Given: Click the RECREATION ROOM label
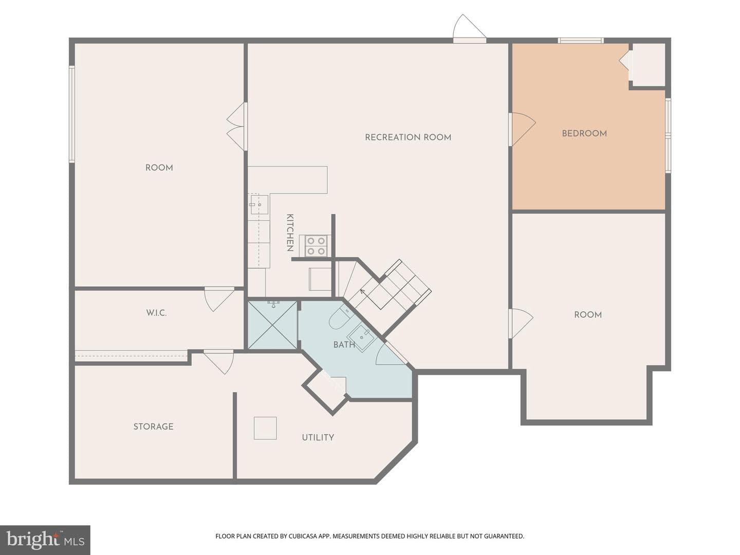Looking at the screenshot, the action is (408, 138).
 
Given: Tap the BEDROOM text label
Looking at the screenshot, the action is (584, 134).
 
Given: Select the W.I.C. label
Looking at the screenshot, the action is (156, 313).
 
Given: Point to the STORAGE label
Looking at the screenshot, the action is (153, 427).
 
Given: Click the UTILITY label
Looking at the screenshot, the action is (318, 437).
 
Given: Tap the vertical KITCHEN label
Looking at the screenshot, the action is (290, 232).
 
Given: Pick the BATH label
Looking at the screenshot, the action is (344, 345).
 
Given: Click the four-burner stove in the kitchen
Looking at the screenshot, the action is (316, 246).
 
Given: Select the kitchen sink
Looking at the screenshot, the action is (258, 205).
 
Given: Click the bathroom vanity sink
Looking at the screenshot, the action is (361, 338).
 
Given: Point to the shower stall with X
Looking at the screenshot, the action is (272, 325).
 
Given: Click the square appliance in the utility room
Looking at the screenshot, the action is (265, 428).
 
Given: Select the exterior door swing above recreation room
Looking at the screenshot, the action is (469, 28).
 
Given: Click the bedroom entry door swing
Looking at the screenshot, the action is (522, 129).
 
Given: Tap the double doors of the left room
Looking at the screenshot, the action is (237, 126).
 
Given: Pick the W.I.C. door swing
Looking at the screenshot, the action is (219, 299).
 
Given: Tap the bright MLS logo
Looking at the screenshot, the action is (45, 540).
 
